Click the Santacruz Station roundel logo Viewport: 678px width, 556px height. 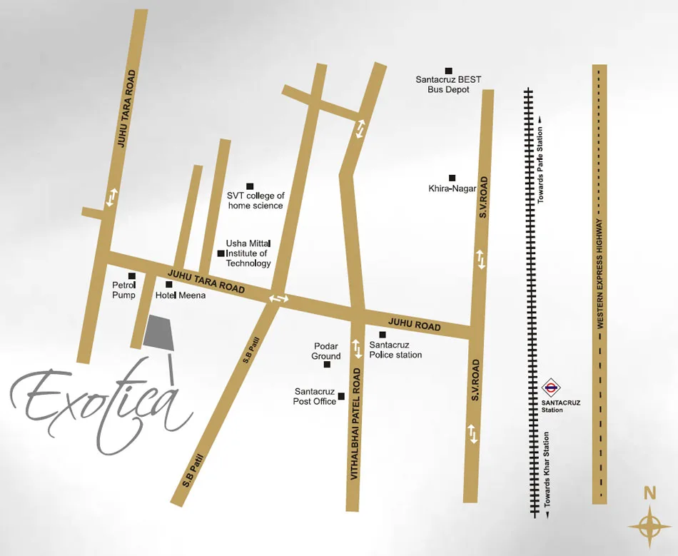pyautogui.click(x=550, y=389)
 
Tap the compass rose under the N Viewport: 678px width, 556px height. pyautogui.click(x=650, y=526)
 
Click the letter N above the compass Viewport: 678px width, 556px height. pyautogui.click(x=649, y=492)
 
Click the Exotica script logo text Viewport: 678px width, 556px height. pyautogui.click(x=100, y=408)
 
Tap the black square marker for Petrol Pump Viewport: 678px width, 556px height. pyautogui.click(x=131, y=276)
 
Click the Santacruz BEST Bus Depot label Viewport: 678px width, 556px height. pyautogui.click(x=449, y=85)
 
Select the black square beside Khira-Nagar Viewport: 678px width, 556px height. pyautogui.click(x=452, y=178)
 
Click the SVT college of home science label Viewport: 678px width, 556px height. pyautogui.click(x=255, y=201)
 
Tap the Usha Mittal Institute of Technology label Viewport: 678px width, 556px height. pyautogui.click(x=248, y=253)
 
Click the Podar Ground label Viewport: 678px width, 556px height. pyautogui.click(x=326, y=351)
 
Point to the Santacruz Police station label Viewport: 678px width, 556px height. pyautogui.click(x=395, y=350)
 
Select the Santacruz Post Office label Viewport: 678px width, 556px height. pyautogui.click(x=315, y=397)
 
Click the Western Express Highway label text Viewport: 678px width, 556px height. pyautogui.click(x=600, y=274)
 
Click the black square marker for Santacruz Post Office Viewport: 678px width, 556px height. pyautogui.click(x=341, y=396)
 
